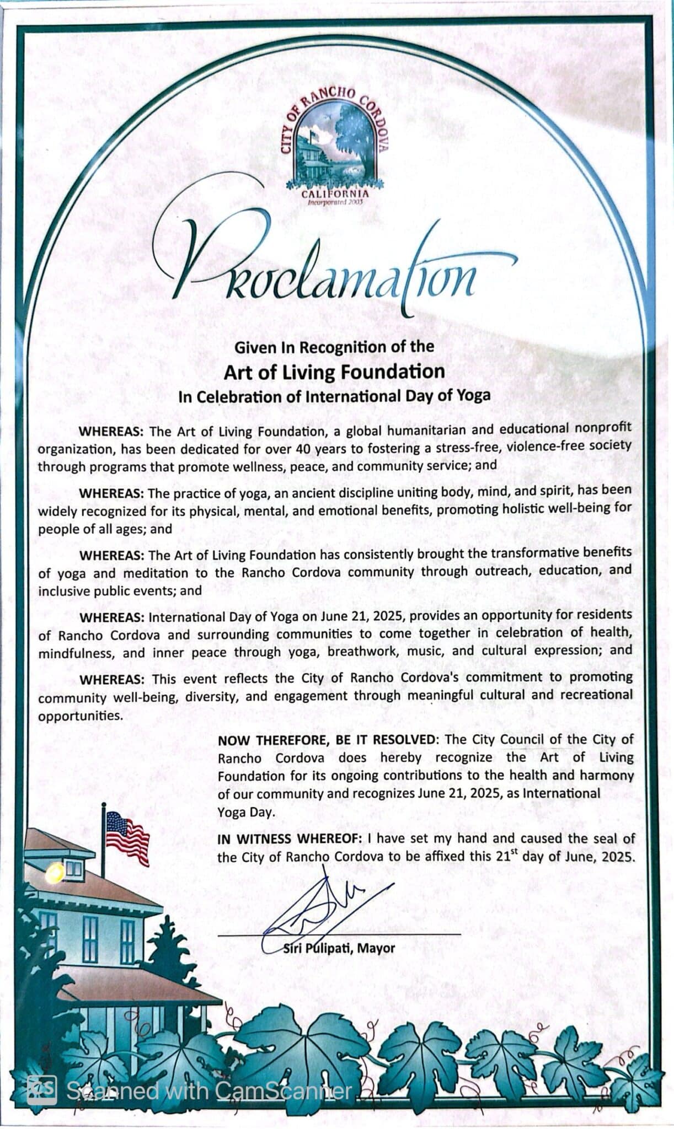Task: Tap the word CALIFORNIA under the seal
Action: point(335,194)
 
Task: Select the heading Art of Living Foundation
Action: point(334,372)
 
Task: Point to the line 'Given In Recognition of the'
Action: point(334,347)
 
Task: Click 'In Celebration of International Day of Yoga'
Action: point(334,396)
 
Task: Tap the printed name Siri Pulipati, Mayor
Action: point(339,948)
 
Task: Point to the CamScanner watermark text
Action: point(210,1090)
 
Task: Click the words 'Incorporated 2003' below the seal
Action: point(335,203)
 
